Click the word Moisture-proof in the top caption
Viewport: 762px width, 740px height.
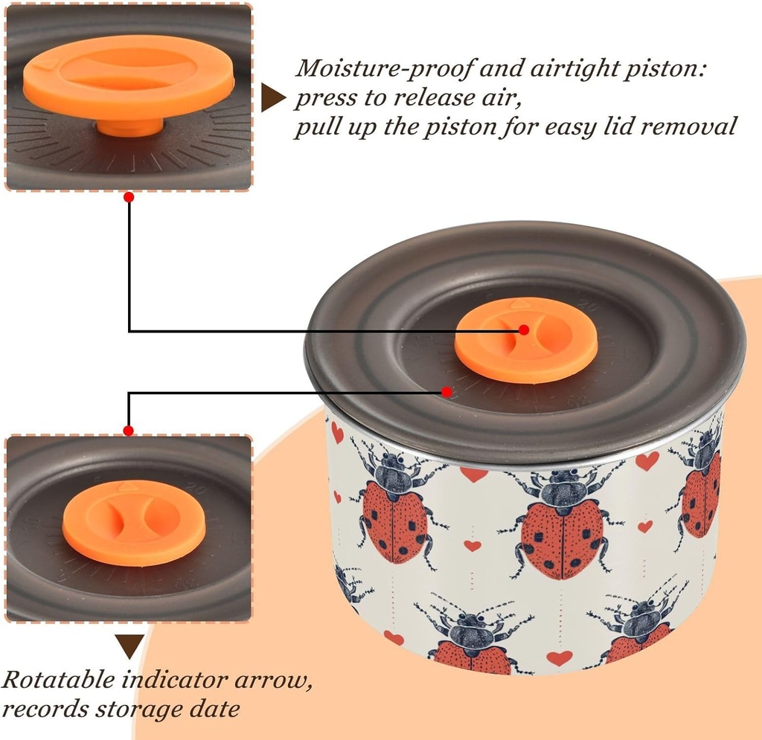384,68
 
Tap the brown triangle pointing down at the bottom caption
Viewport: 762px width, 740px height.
129,646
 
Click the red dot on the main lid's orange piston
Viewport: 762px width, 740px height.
523,329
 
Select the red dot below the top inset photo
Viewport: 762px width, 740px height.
128,197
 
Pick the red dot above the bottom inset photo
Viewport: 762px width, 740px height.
128,431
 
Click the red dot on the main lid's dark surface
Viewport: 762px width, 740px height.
446,391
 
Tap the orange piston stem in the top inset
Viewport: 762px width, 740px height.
129,127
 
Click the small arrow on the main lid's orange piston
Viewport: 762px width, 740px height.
519,303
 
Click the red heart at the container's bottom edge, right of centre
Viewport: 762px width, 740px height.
560,658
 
